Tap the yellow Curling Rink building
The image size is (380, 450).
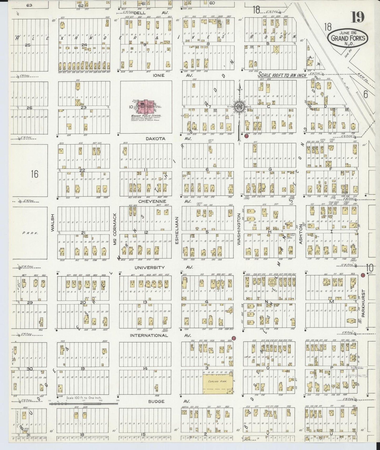tap(218, 384)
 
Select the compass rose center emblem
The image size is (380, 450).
tap(239, 107)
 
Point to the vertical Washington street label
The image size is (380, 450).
tap(239, 229)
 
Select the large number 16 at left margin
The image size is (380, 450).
tap(34, 174)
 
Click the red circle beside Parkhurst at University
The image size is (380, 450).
tap(362, 275)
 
